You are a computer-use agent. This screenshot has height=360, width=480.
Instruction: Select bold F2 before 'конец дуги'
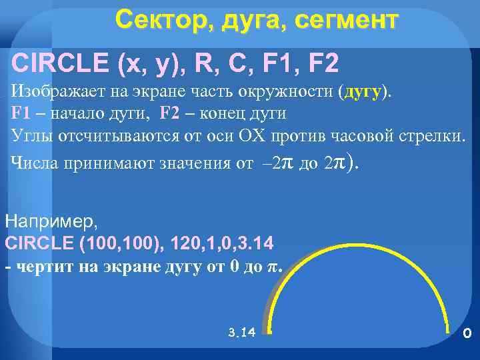coord(171,113)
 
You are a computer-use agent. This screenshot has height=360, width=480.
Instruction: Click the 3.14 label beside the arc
coord(241,332)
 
